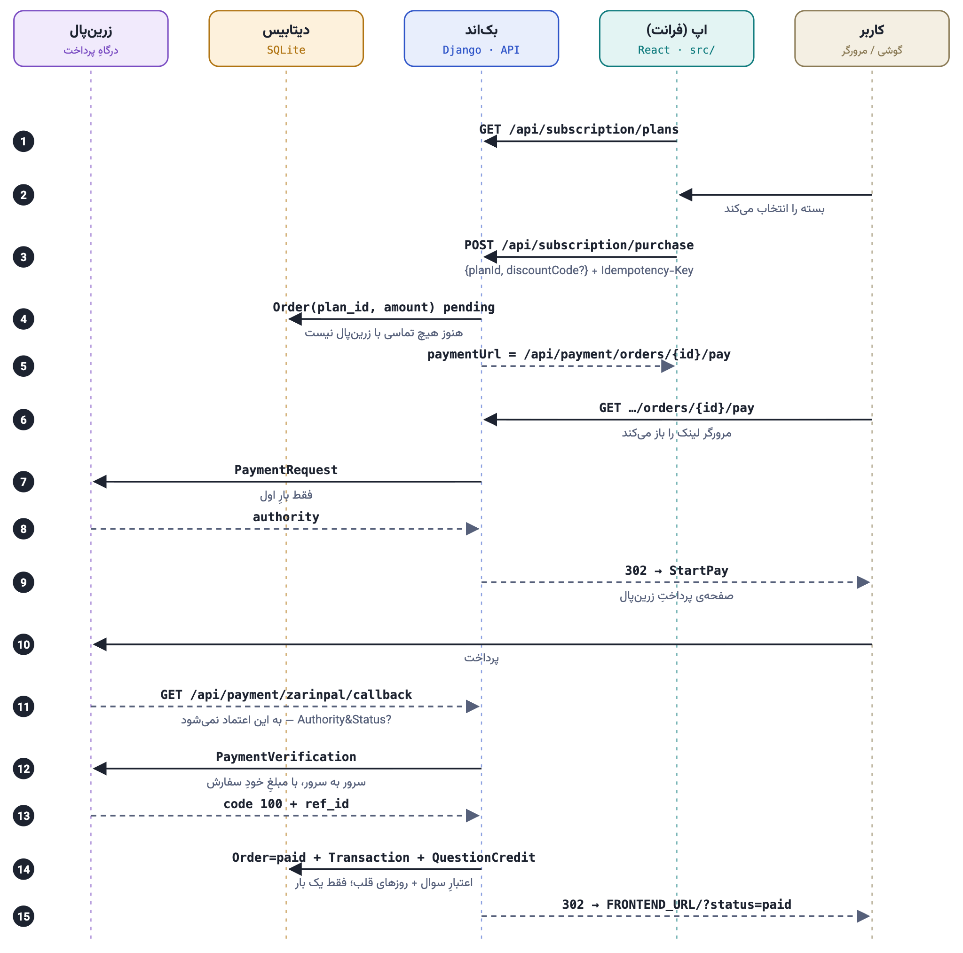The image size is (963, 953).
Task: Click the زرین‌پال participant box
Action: tap(91, 39)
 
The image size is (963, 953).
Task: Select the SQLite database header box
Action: tap(286, 39)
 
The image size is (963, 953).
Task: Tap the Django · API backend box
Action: tap(481, 39)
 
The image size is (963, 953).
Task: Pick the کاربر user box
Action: tap(872, 39)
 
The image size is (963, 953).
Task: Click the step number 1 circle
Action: tap(24, 142)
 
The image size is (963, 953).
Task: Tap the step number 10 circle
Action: tap(24, 644)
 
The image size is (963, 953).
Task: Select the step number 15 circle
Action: tap(24, 916)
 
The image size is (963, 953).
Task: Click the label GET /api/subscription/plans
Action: tap(579, 130)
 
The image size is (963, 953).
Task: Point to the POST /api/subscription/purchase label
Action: tap(579, 246)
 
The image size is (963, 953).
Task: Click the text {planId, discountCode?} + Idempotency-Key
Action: tap(579, 270)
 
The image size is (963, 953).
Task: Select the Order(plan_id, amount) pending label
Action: tap(384, 307)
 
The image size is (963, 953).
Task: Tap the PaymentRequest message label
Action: tap(286, 470)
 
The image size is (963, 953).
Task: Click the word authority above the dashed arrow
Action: tap(286, 517)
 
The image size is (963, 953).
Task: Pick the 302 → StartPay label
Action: tap(676, 571)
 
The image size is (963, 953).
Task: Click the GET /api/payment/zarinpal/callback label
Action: tap(286, 695)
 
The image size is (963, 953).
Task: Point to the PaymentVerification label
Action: tap(286, 756)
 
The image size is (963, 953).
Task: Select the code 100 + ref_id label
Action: tap(286, 804)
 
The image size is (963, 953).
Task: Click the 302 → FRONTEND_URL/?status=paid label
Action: tap(676, 905)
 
